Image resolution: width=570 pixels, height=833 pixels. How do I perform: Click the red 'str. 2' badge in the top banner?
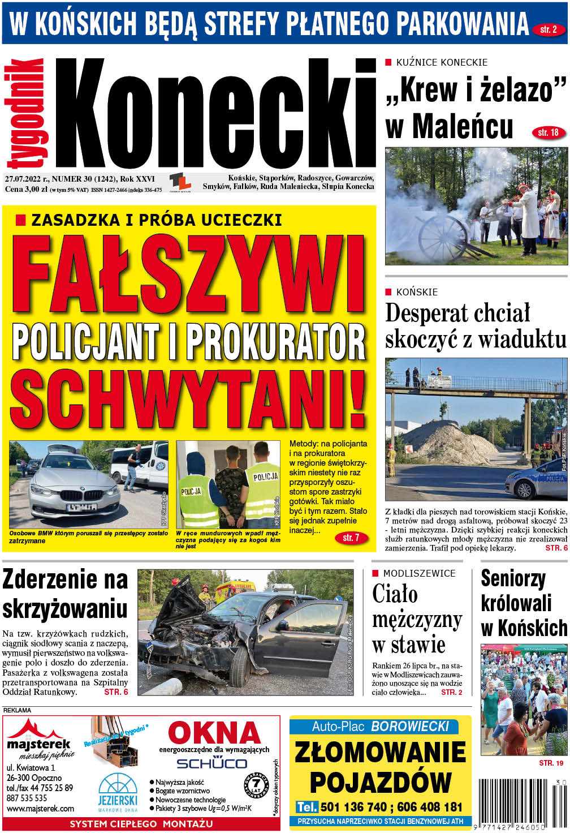(x=547, y=29)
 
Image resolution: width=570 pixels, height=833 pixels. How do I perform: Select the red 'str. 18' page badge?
(x=548, y=132)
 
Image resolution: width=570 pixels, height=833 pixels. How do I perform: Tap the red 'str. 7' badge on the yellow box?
(x=351, y=538)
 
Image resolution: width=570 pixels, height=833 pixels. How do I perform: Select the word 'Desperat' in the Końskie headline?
(x=427, y=313)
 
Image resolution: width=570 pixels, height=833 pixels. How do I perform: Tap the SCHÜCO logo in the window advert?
(x=211, y=763)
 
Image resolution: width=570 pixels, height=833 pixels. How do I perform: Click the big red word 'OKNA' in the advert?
(x=214, y=734)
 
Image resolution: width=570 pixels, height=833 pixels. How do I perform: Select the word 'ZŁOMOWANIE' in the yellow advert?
(x=380, y=752)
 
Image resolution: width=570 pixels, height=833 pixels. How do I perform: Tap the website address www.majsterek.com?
(x=40, y=809)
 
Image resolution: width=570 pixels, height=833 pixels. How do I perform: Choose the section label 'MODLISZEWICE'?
(x=419, y=573)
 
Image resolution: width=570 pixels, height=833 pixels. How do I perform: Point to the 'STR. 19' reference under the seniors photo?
(x=551, y=763)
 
